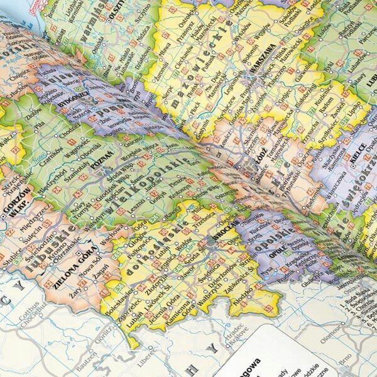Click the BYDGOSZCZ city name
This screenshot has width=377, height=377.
(x=58, y=101)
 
